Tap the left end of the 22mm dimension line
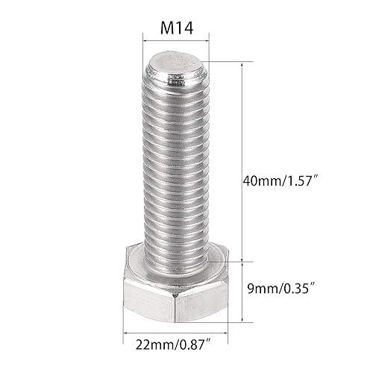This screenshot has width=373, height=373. pos(124,333)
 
